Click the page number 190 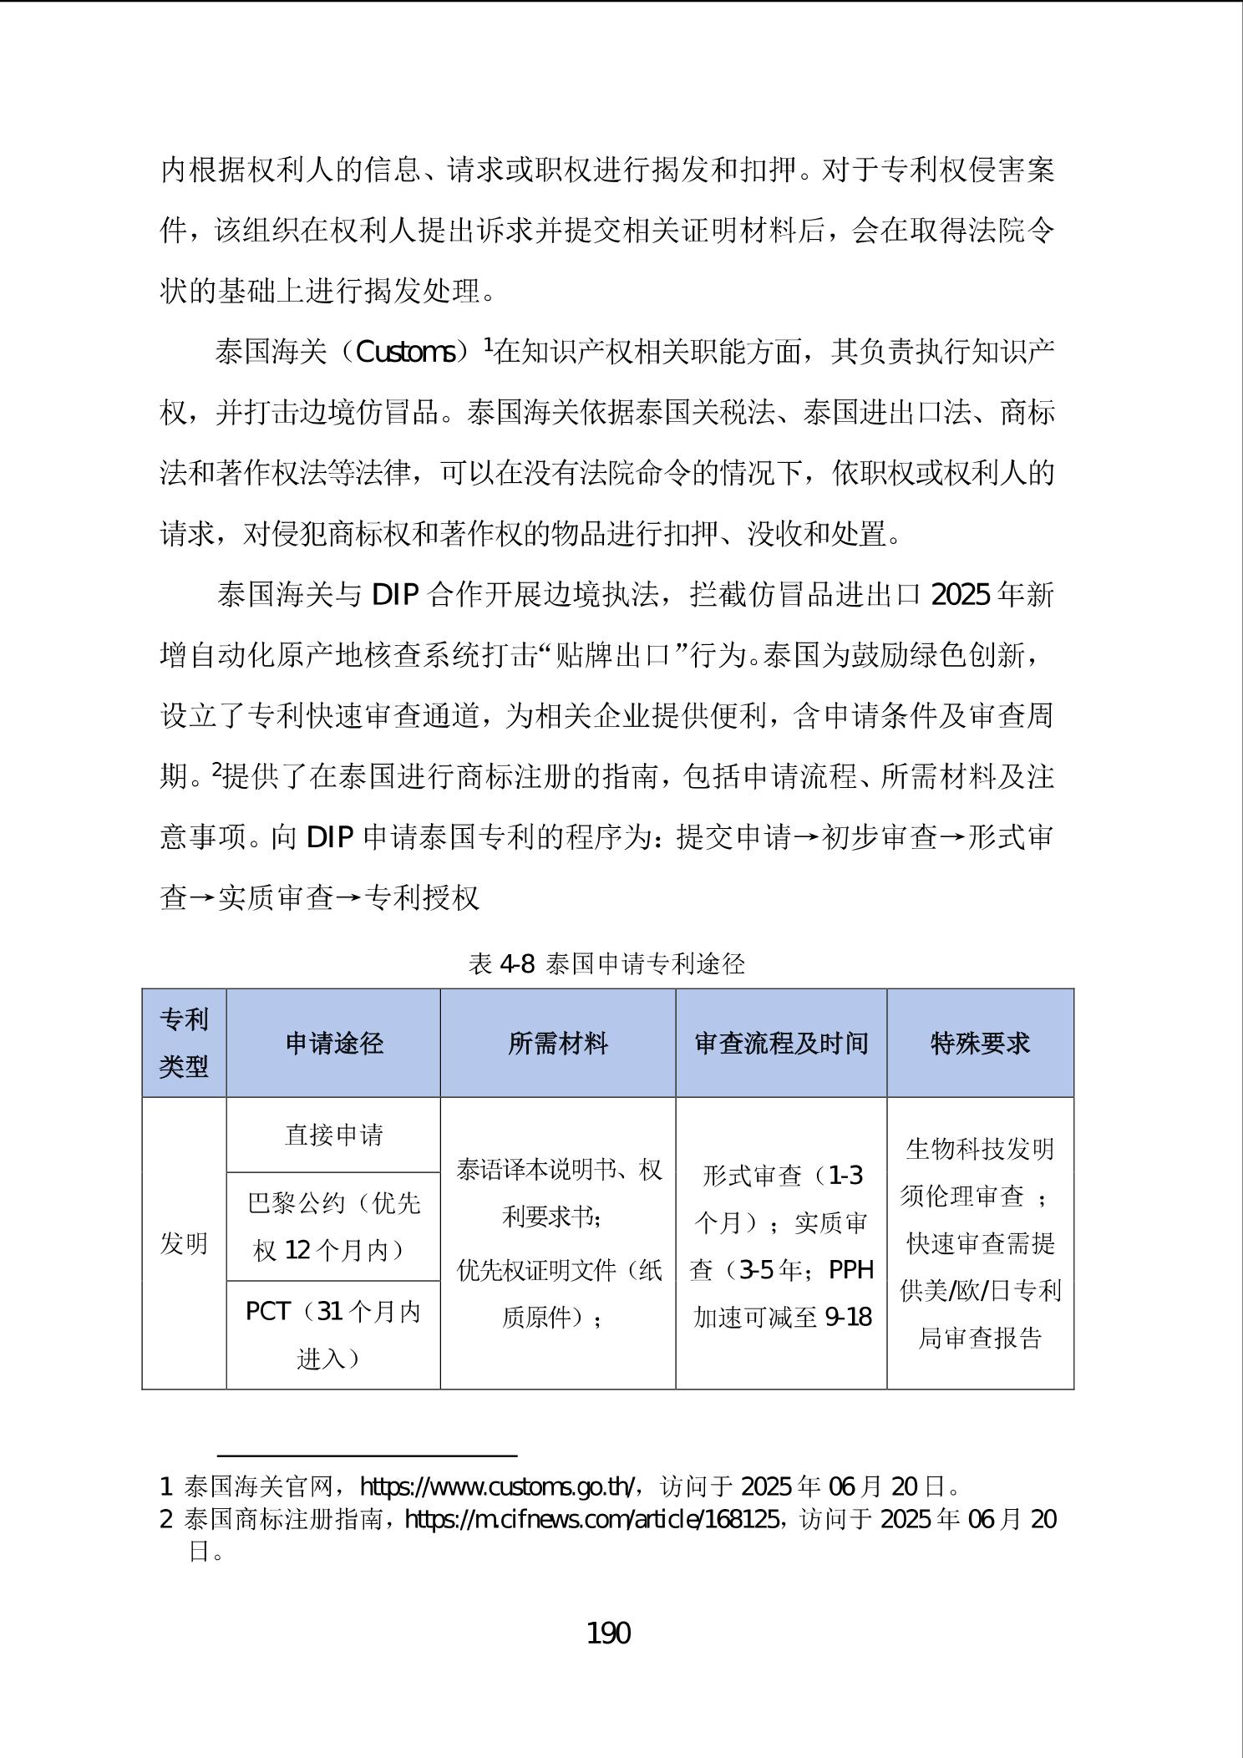pos(609,1632)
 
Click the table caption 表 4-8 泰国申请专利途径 pos(606,964)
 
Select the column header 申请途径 pos(333,1043)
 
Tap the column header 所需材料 pos(557,1043)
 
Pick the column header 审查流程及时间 pos(781,1043)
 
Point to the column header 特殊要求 pos(980,1043)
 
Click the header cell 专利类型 pos(184,1043)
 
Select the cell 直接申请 pos(333,1135)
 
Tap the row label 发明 pos(184,1243)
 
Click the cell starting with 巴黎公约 pos(333,1226)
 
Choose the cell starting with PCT pos(333,1334)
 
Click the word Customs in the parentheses pos(406,353)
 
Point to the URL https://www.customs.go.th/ pos(500,1486)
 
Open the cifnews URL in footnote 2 pos(592,1518)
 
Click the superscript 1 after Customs pos(489,343)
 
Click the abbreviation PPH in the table pos(851,1270)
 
